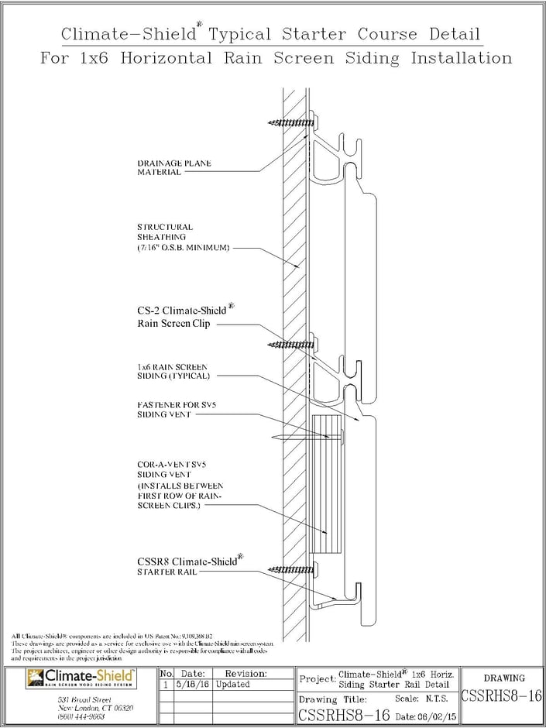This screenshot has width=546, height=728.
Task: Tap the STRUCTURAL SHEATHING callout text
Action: [x=166, y=232]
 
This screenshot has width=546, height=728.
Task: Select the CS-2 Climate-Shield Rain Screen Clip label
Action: [x=185, y=317]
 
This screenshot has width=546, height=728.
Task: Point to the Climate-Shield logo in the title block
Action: [x=81, y=679]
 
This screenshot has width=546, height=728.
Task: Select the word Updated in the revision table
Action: [x=233, y=685]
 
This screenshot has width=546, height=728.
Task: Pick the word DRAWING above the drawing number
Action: [x=503, y=678]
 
